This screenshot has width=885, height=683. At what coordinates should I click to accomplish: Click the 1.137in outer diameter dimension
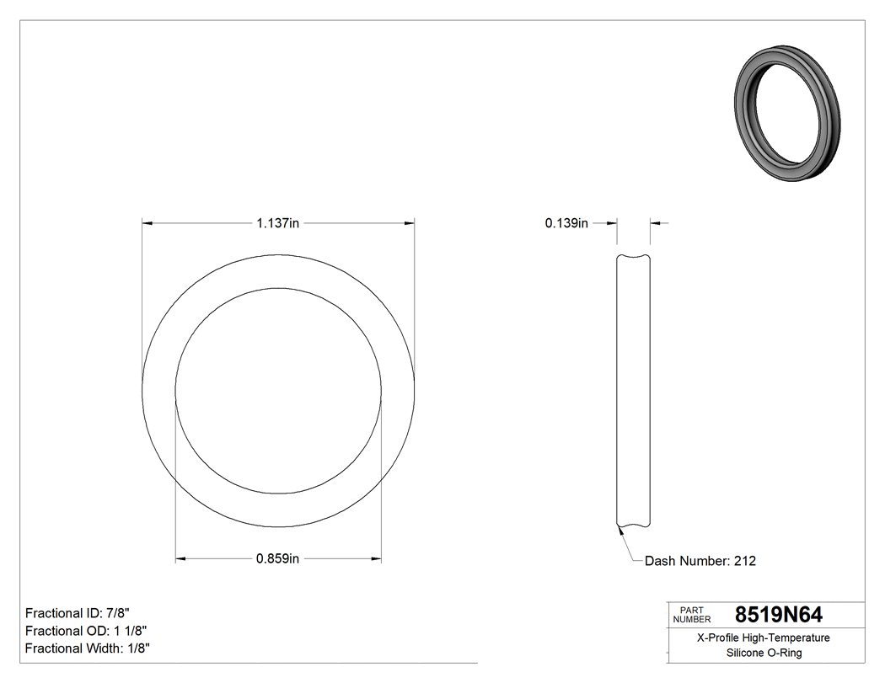click(278, 223)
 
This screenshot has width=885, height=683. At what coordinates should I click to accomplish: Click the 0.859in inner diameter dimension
click(278, 558)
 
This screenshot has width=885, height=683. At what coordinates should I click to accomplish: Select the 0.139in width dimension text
click(566, 223)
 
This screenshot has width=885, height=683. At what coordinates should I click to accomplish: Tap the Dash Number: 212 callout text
click(700, 561)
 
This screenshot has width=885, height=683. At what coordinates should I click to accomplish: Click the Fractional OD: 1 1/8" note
click(88, 630)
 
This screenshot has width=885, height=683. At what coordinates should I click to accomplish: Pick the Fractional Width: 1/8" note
click(88, 648)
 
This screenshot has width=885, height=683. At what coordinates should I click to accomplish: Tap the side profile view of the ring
click(634, 392)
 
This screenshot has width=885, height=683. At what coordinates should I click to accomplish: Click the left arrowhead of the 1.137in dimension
click(147, 223)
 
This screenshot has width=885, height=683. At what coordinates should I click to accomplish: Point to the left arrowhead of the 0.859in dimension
click(180, 558)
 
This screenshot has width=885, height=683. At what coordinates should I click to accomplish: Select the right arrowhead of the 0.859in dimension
click(376, 558)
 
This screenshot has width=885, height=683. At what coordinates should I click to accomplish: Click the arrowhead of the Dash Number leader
click(620, 530)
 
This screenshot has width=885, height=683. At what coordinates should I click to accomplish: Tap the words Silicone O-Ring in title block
click(764, 653)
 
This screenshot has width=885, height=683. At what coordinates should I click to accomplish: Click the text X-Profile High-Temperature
click(764, 638)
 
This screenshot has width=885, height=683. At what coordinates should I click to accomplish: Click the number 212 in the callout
click(744, 561)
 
